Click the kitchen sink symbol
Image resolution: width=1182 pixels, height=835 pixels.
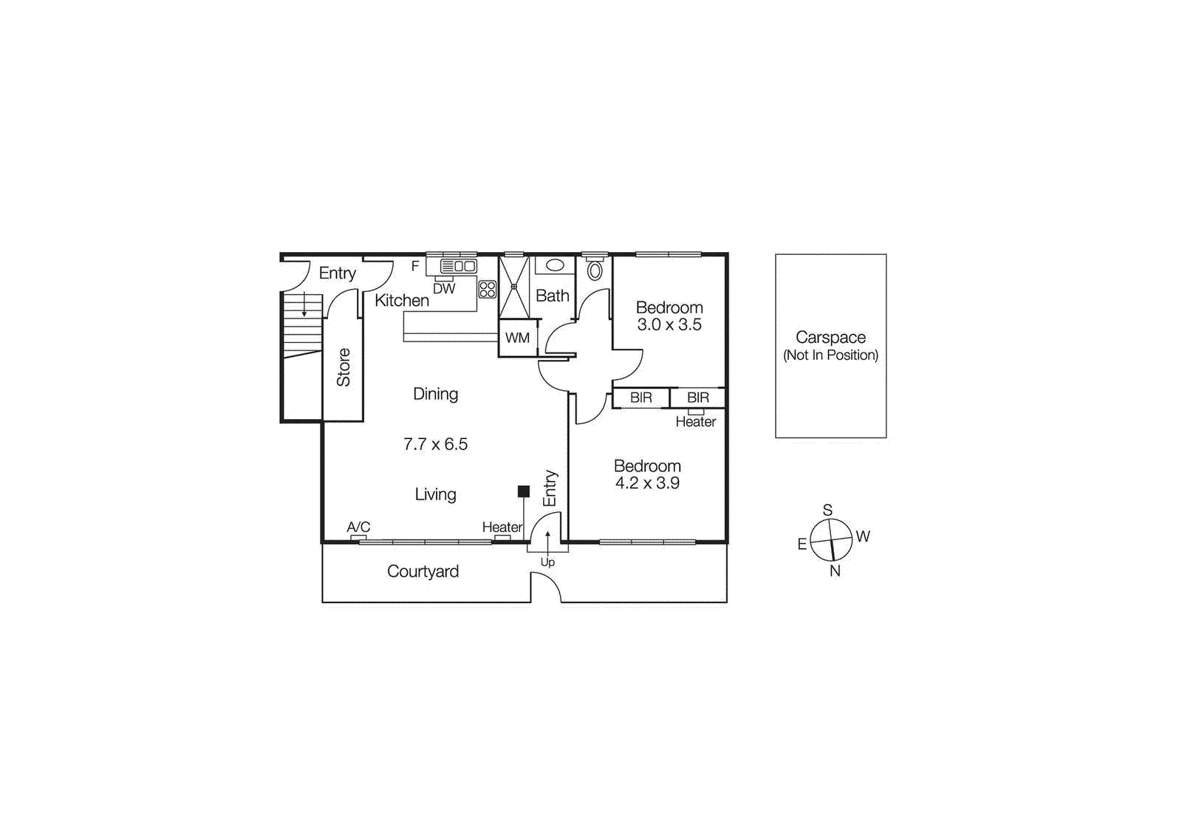point(459,266)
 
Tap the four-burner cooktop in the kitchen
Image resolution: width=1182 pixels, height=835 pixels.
point(488,289)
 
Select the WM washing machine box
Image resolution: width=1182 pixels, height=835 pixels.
point(517,338)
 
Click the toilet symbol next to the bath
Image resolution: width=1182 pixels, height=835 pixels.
point(595,270)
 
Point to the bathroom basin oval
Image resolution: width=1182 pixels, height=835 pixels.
point(556,265)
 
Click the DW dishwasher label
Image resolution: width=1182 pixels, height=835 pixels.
point(444,289)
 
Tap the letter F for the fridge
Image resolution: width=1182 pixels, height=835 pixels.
point(415,266)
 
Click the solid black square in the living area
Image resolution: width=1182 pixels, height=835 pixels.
point(524,491)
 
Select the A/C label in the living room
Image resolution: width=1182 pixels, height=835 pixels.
point(358,527)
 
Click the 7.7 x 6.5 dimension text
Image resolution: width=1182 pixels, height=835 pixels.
point(435,444)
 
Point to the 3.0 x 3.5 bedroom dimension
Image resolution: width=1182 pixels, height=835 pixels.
point(669,324)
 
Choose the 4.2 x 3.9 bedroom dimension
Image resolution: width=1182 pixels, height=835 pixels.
point(647,483)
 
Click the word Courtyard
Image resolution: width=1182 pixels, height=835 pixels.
point(423,571)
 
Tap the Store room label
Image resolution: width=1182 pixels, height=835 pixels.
point(344,367)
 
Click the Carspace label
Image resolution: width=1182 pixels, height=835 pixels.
point(830,338)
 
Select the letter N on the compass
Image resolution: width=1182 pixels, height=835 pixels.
point(835,570)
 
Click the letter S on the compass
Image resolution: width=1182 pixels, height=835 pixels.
point(827,510)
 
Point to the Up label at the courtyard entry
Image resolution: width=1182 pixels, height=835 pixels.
point(547,562)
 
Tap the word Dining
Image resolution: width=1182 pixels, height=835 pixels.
point(435,394)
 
